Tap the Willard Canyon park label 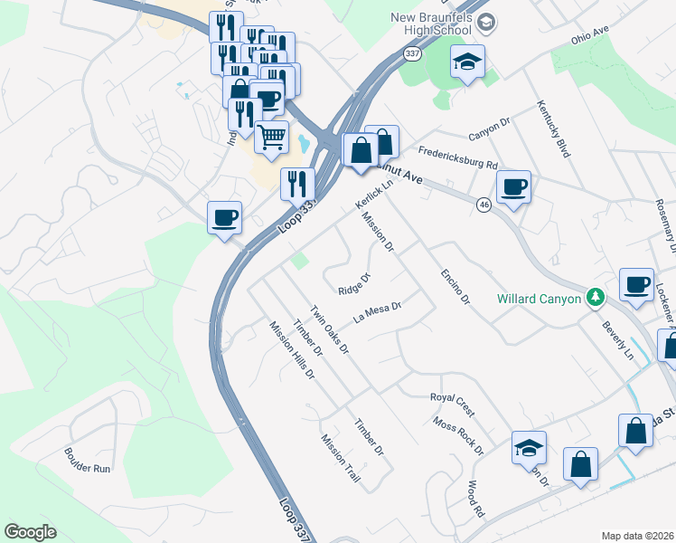point(539,299)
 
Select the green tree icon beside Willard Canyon point(594,297)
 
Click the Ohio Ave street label point(591,39)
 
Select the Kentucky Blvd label point(553,129)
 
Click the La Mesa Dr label point(377,311)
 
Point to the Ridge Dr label point(354,284)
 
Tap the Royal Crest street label point(452,403)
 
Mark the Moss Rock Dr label point(458,435)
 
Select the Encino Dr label point(455,285)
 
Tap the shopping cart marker point(271,138)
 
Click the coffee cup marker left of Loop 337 point(224,218)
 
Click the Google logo point(31,532)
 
